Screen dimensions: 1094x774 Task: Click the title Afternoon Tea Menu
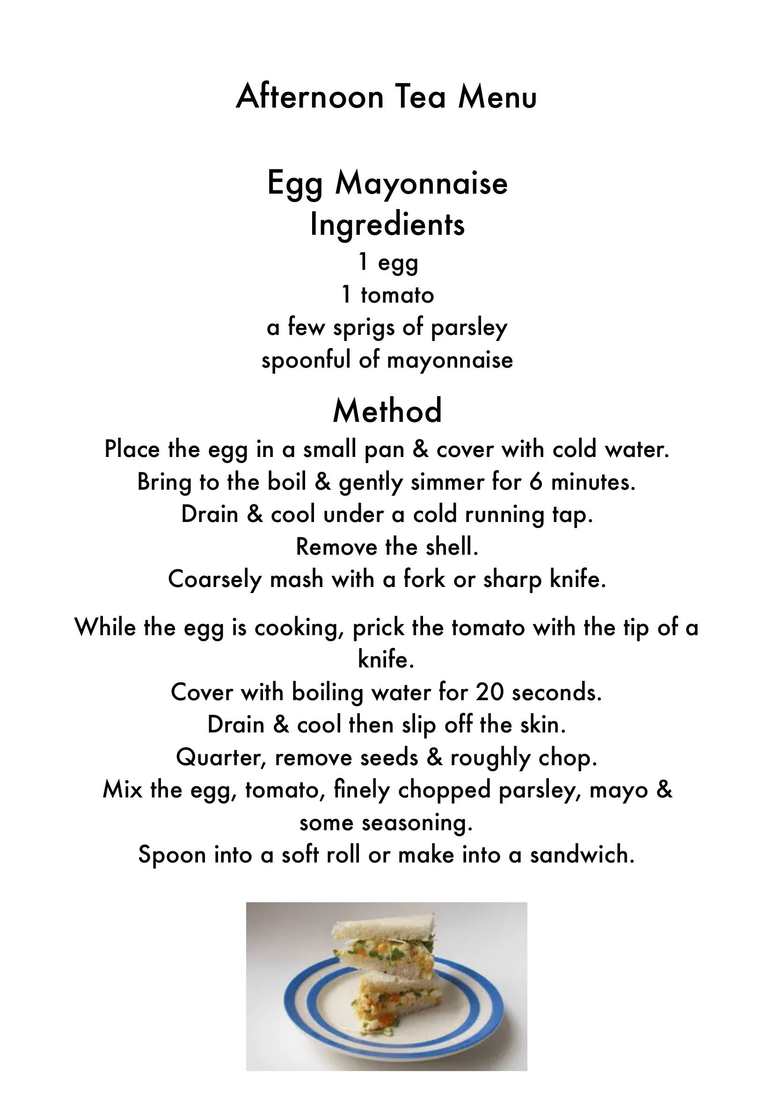(387, 97)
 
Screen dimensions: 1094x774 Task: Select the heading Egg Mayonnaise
(387, 183)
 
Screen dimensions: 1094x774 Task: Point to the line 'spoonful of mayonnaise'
(387, 360)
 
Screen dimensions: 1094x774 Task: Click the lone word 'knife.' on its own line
(386, 660)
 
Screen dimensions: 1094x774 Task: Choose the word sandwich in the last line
(583, 855)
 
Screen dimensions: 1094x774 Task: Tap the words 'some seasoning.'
(386, 823)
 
